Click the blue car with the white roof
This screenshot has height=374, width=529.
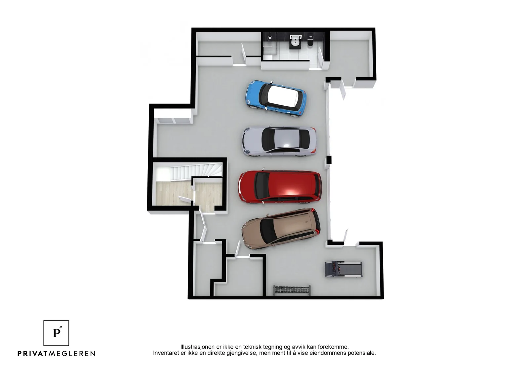coord(276,98)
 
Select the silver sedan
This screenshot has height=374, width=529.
coord(279,141)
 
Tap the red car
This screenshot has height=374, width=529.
coord(280,187)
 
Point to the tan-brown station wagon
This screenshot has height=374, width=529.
coord(281,228)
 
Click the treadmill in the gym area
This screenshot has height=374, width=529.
coord(344,269)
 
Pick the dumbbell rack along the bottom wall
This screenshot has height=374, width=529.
coord(292,290)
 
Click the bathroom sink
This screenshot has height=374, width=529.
coord(295,42)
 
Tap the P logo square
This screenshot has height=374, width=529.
coord(56,333)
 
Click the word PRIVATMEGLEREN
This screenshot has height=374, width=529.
coord(57,354)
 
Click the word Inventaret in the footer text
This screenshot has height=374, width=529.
coord(165,353)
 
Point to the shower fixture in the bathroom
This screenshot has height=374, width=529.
coord(270,38)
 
